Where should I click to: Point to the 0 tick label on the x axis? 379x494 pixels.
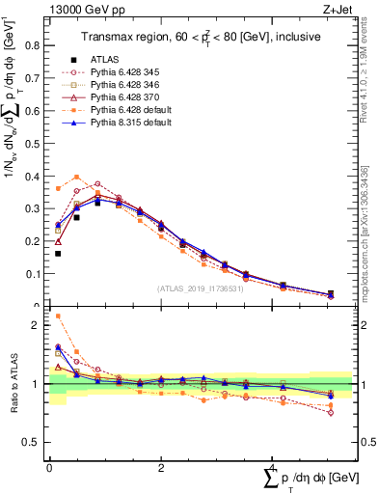coord(49,467)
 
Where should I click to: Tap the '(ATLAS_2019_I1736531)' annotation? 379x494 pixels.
coord(200,288)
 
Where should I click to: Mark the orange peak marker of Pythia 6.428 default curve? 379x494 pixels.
coord(77,177)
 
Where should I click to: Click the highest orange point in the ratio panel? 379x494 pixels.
coord(58,316)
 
